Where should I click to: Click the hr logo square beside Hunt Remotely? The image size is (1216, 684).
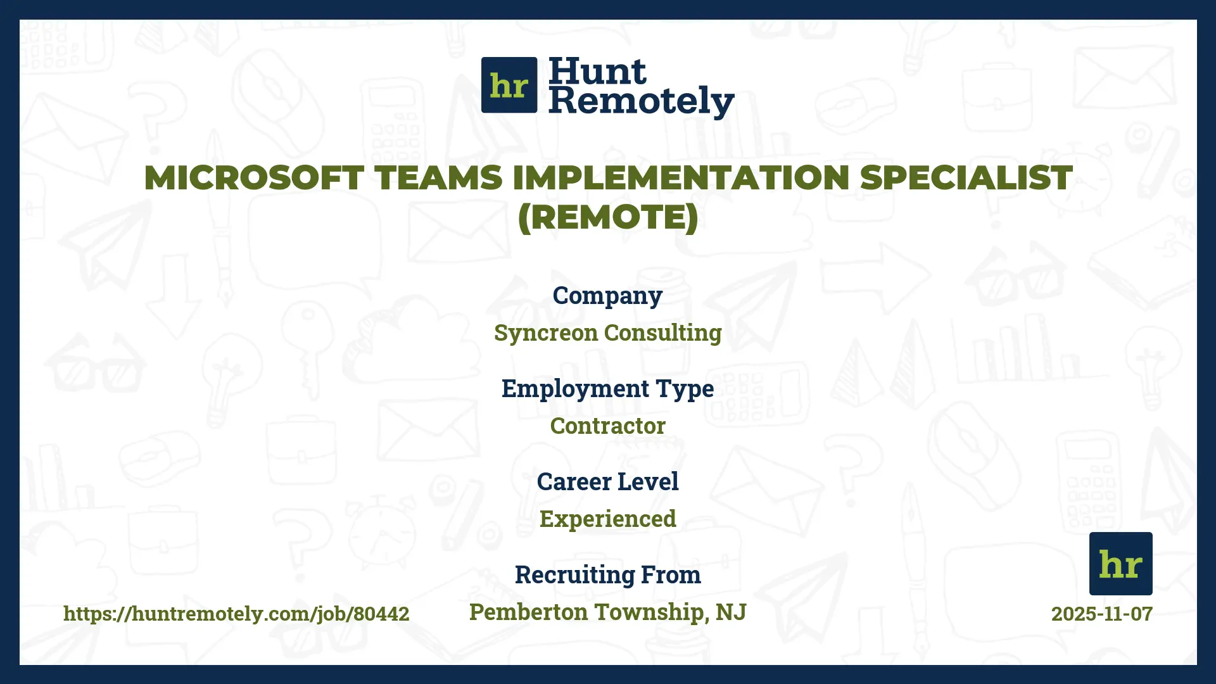(509, 85)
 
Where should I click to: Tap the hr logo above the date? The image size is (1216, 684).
(1120, 563)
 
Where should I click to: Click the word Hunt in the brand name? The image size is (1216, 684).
(597, 71)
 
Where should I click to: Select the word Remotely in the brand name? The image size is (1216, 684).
(641, 101)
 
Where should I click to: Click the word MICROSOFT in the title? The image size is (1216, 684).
(253, 178)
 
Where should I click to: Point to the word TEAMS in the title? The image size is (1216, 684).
(438, 178)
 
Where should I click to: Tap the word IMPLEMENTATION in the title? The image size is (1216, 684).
(681, 178)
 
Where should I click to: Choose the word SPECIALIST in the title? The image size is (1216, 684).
(966, 178)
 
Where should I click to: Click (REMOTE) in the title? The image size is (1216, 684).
(607, 217)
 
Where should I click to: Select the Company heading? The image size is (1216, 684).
(607, 296)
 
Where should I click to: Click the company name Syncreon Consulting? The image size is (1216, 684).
(607, 333)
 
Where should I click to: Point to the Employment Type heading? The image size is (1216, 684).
(607, 389)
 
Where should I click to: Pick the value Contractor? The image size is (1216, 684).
(607, 426)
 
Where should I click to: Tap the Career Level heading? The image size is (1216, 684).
(607, 482)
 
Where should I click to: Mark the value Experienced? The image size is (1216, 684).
(607, 519)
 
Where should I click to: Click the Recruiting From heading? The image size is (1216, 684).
(607, 575)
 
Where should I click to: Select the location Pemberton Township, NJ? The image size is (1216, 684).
(607, 612)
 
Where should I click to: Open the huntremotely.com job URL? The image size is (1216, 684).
(236, 614)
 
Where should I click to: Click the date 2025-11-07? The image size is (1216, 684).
(1101, 614)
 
